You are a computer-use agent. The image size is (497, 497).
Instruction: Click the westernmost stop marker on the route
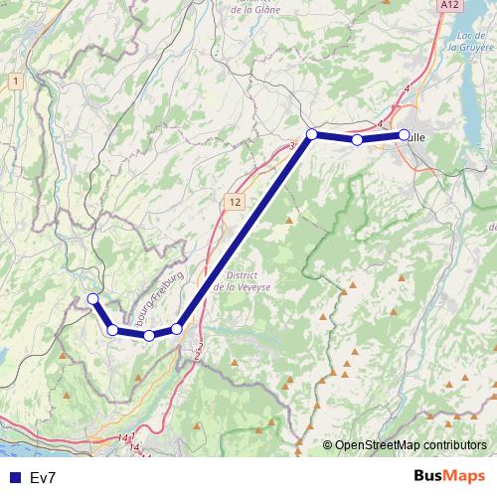[x=92, y=298]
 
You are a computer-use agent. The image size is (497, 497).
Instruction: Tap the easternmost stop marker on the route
[x=405, y=135]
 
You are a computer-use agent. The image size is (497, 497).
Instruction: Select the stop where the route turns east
[x=311, y=134]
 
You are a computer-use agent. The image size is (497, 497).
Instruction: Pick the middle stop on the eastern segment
[x=357, y=140]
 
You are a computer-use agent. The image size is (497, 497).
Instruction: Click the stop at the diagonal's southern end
[x=177, y=329]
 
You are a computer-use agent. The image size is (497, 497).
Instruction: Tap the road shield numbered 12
[x=235, y=202]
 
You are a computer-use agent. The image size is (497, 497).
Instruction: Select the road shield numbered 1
[x=16, y=80]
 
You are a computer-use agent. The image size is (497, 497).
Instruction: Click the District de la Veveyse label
[x=243, y=280]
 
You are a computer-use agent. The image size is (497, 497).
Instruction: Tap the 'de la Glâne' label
[x=254, y=11]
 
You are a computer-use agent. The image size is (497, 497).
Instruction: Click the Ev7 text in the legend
[x=43, y=477]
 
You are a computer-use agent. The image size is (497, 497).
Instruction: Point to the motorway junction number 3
[x=292, y=146]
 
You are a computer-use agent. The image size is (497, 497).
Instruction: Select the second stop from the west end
[x=113, y=330]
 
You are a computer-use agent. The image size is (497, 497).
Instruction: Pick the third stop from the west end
[x=149, y=336]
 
